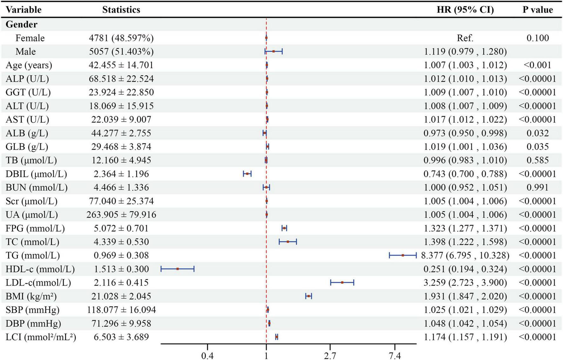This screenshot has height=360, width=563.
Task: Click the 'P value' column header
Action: tap(538, 10)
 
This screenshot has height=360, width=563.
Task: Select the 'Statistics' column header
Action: tap(121, 10)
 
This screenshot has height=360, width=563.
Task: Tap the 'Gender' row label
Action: tap(21, 24)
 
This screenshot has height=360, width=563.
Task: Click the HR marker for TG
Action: tap(403, 255)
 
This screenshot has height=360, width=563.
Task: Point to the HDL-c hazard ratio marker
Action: tap(178, 269)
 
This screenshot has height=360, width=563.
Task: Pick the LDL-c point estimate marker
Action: tap(342, 282)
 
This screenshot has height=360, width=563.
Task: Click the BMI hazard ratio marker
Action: tap(309, 296)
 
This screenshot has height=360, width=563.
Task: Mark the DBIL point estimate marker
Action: tap(247, 173)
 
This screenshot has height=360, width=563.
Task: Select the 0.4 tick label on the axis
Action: tap(207, 356)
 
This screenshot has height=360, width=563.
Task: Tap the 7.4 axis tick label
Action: tap(395, 356)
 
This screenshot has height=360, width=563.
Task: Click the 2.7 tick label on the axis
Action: tap(330, 356)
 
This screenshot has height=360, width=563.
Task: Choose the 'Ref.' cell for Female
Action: tap(465, 38)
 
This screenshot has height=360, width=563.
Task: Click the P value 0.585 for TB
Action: tap(538, 160)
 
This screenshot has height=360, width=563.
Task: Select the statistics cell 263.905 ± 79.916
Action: tap(121, 215)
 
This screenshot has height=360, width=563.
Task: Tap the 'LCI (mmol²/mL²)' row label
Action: tap(41, 337)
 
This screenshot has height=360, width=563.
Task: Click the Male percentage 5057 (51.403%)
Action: tap(121, 51)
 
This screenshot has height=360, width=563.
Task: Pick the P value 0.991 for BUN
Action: tap(538, 187)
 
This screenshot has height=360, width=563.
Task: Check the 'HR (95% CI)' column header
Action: tap(465, 10)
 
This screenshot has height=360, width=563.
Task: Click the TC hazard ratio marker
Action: tap(288, 242)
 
